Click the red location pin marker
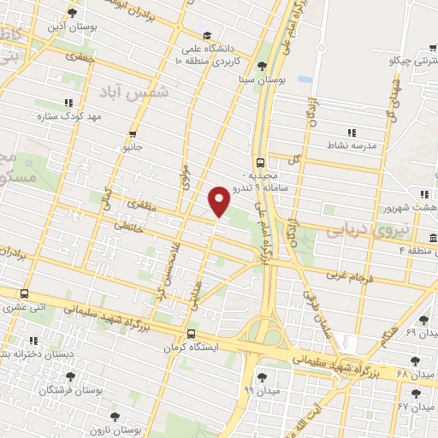click(220, 200)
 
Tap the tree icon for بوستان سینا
click(262, 66)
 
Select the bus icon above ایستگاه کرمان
click(190, 334)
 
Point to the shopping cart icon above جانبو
click(133, 134)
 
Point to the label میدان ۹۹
click(261, 390)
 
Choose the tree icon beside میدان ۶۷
click(416, 394)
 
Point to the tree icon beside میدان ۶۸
click(416, 362)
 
